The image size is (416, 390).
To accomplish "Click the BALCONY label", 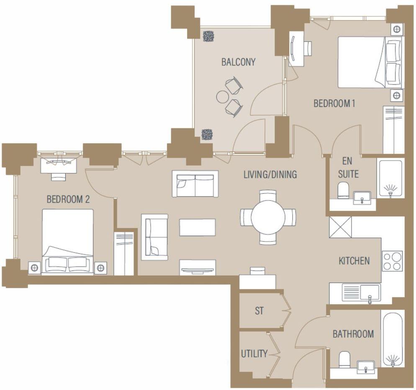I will click(238, 62).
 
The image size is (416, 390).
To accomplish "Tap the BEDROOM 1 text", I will click(334, 103).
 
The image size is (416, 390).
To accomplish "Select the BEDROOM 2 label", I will click(68, 199).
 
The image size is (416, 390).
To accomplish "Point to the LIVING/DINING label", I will click(270, 174).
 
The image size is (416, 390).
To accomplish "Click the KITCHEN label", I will click(354, 261).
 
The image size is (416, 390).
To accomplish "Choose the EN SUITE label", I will click(348, 168).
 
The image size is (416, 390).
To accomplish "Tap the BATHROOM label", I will click(353, 334).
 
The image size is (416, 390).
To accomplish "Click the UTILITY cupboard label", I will click(254, 354).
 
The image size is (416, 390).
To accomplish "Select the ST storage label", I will click(259, 311).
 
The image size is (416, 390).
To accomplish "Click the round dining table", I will click(268, 217).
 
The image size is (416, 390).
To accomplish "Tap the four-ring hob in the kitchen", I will click(392, 261).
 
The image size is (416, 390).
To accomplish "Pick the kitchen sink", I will click(361, 292).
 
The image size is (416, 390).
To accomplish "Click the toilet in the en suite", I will click(343, 190).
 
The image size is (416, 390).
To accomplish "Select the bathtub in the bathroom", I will click(392, 339).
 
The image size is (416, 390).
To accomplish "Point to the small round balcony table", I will click(222, 97).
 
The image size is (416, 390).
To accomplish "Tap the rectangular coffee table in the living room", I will click(198, 227).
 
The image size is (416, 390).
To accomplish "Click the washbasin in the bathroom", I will click(366, 366).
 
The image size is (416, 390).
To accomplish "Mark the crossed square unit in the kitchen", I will click(340, 227).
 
